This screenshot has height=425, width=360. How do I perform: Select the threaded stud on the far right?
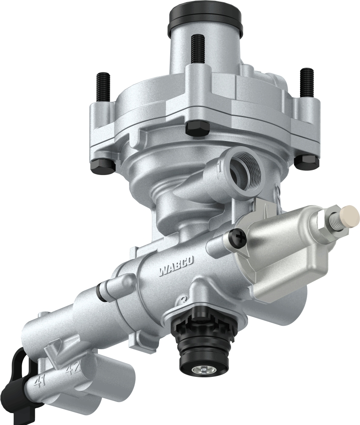click(307, 83)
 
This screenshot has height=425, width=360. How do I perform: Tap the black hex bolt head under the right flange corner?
click(308, 161)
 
